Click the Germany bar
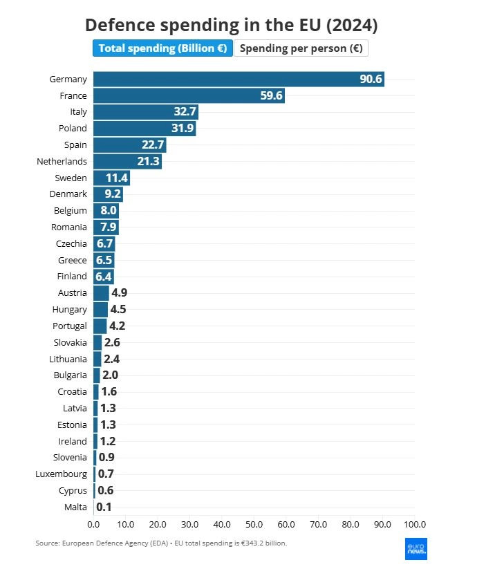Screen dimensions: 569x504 point(239,79)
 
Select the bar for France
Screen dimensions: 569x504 point(189,95)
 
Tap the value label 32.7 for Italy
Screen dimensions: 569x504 point(185,112)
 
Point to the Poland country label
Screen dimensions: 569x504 point(73,128)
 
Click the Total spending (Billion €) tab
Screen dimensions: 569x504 point(163,48)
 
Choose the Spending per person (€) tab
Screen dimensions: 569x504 point(301,48)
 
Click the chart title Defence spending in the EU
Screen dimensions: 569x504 point(231,25)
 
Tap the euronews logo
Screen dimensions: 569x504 point(416,548)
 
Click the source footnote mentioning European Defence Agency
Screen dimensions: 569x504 point(160,543)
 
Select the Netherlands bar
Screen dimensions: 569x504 point(127,161)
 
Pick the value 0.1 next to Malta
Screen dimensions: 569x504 point(104,507)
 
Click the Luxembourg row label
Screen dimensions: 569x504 point(61,474)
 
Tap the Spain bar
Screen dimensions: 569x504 point(129,144)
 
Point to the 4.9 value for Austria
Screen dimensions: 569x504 point(119,293)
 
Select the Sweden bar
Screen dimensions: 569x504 point(111,178)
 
